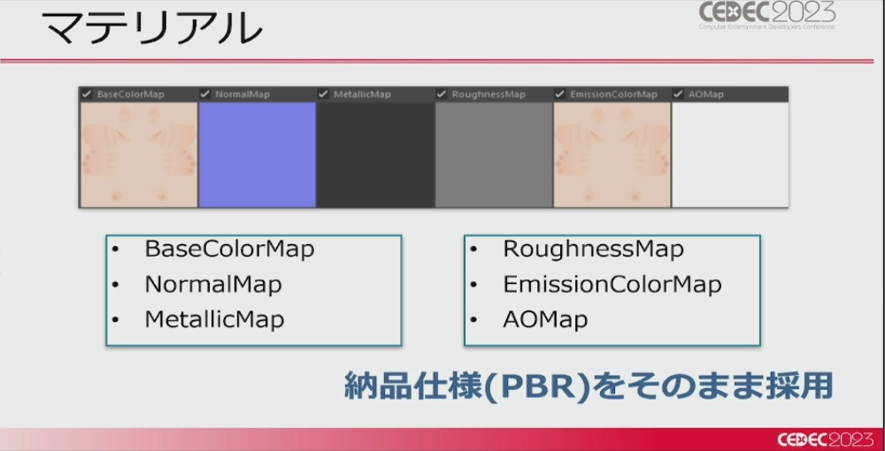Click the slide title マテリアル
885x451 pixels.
[152, 27]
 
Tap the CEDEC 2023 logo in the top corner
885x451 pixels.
[767, 15]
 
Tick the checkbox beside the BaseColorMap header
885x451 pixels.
[87, 94]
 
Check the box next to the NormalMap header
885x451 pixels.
[205, 94]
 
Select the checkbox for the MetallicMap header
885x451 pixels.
[323, 94]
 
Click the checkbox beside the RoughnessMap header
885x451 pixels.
[442, 94]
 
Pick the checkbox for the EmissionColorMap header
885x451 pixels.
[560, 94]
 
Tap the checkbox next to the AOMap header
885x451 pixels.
[679, 94]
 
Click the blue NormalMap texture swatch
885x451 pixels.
[258, 155]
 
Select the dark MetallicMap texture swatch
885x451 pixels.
[376, 155]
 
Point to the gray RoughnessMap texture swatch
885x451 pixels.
[494, 155]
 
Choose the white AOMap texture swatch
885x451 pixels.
[730, 155]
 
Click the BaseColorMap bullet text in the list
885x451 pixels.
[230, 248]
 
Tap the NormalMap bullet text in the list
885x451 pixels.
[213, 284]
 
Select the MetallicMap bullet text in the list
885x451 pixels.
[214, 319]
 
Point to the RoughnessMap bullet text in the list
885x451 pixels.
[593, 248]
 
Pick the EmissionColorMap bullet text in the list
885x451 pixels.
[612, 284]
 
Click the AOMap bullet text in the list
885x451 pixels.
[545, 319]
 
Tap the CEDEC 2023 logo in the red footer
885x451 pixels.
[825, 440]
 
